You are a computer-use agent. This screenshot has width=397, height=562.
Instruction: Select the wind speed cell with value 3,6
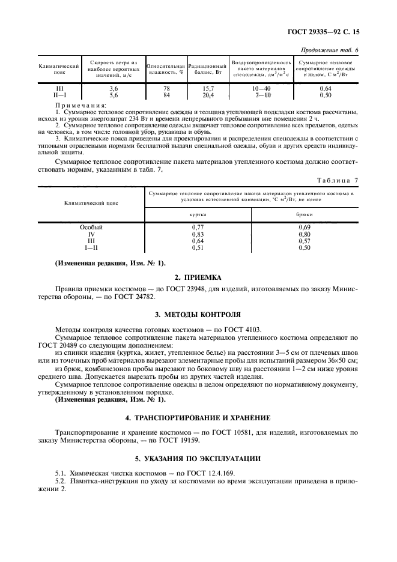(113, 88)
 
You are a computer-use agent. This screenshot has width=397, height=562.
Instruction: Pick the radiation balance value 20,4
(208, 95)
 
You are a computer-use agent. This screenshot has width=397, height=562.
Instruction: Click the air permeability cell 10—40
(263, 88)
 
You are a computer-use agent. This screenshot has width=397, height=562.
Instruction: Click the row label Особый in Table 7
(91, 228)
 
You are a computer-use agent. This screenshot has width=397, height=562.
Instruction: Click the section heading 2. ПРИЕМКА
(198, 277)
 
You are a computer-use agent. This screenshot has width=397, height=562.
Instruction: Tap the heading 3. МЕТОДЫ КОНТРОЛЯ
(198, 314)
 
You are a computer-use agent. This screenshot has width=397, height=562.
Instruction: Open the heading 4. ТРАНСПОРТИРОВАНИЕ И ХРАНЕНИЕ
(198, 417)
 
